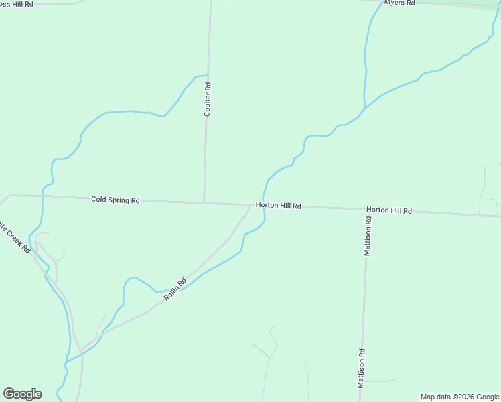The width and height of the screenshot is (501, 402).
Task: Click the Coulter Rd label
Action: pos(208,99)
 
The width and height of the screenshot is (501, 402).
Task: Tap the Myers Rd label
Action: pos(400,3)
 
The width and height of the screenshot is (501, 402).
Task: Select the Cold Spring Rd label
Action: pos(115,200)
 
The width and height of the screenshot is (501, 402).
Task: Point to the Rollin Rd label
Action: pos(174,289)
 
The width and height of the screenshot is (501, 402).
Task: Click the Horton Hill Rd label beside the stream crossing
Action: pos(278,206)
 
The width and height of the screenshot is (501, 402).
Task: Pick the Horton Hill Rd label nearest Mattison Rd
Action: pos(388,210)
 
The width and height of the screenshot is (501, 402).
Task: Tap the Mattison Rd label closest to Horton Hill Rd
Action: pos(368,236)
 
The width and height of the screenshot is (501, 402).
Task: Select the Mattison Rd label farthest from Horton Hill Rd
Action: pos(360,368)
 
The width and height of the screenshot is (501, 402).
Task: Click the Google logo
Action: pos(22,394)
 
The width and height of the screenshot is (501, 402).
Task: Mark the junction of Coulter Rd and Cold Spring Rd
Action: pos(204,202)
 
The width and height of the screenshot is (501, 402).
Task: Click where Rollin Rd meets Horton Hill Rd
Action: pos(249,205)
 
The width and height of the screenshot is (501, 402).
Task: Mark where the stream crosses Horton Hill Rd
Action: pos(264,206)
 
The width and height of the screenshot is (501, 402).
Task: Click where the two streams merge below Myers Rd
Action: pos(364,107)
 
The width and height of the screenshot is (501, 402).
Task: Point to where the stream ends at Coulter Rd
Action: pos(207,75)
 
